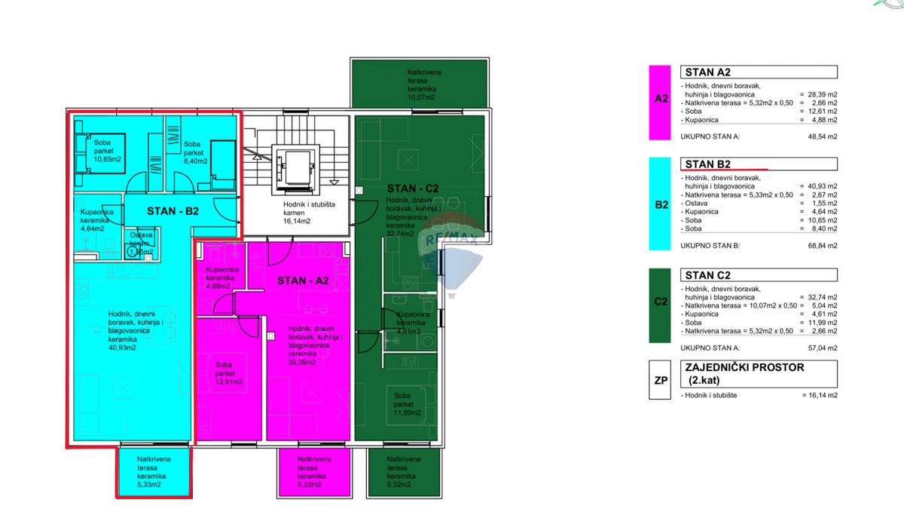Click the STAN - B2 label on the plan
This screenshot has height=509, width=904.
coord(173,211)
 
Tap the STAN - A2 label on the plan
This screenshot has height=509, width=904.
coord(303,281)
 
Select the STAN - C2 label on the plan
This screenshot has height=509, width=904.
coord(413,189)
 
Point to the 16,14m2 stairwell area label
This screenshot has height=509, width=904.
coord(297,222)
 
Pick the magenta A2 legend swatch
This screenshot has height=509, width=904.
coord(660,102)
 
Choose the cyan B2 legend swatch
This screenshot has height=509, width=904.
coord(660,204)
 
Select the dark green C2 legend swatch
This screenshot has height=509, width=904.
coord(660,302)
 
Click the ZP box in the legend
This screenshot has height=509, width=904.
coord(660,380)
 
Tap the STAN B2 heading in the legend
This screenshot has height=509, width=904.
coord(707,164)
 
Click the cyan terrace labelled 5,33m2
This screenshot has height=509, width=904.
coord(154,472)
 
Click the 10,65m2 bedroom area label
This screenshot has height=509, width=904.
coord(107,159)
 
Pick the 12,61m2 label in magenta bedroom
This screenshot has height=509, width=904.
coord(228,382)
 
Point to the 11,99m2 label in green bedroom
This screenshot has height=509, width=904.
coord(407,412)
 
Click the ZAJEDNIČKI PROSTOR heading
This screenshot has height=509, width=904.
coord(744,368)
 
